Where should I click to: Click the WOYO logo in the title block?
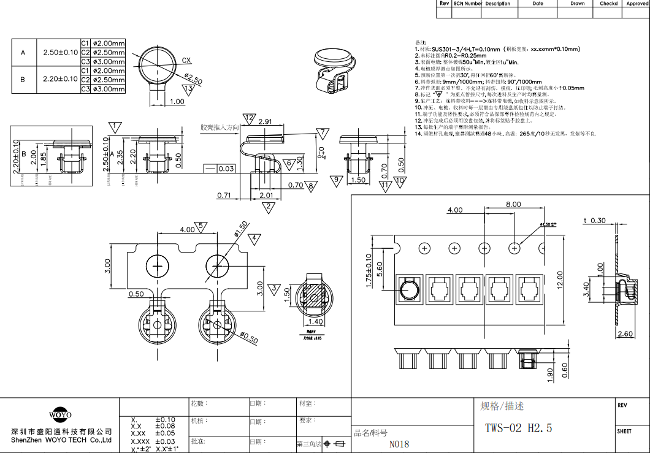(x=59, y=415)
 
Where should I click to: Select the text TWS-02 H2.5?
(x=518, y=428)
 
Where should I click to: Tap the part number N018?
(x=399, y=444)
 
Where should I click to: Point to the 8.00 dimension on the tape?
(x=513, y=204)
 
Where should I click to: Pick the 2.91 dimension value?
(x=266, y=122)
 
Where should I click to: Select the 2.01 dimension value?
(x=266, y=196)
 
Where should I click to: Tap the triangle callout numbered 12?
(x=248, y=118)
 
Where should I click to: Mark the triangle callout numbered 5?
(x=201, y=227)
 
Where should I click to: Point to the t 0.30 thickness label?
(x=594, y=221)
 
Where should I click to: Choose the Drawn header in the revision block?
(x=578, y=4)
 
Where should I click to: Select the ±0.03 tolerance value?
(x=165, y=441)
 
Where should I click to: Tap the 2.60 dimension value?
(x=625, y=334)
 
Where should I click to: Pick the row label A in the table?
(x=23, y=53)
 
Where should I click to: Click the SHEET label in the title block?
(x=624, y=431)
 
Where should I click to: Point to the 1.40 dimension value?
(x=315, y=321)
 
